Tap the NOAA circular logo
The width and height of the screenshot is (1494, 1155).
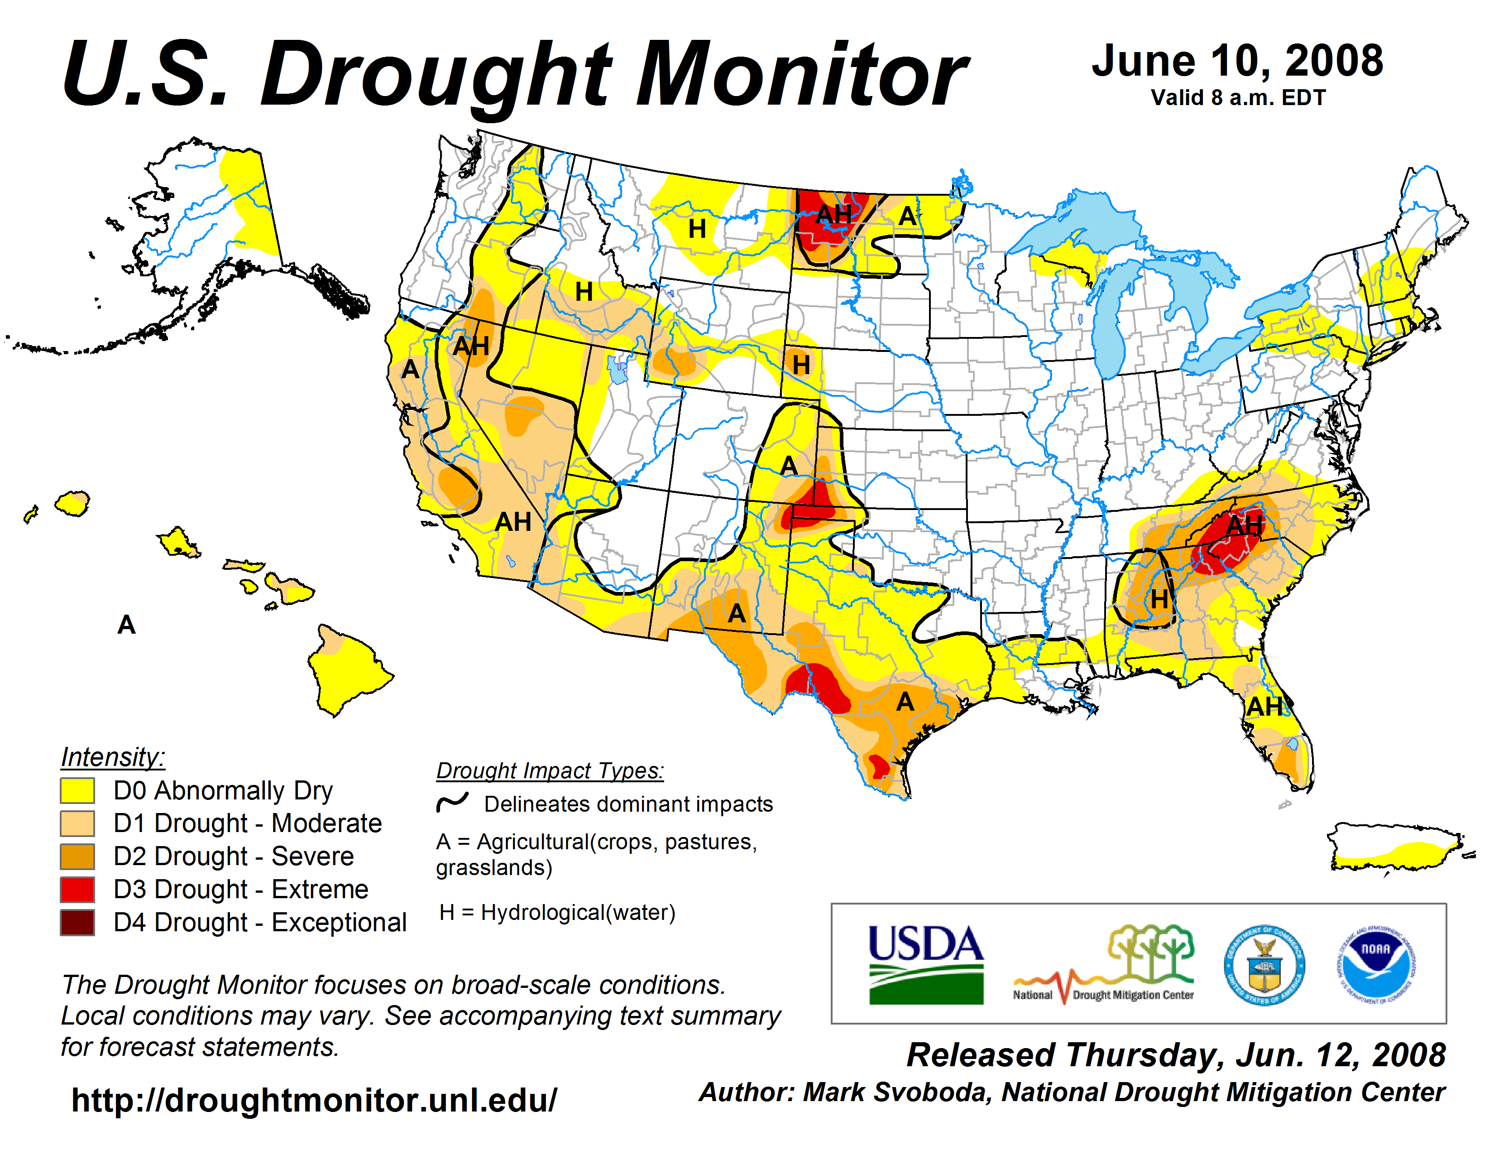pos(1376,965)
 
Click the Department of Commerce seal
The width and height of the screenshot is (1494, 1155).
pos(1264,965)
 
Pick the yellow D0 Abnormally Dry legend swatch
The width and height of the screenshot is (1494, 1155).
pos(77,790)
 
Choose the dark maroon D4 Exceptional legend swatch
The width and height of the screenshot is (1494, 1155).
pos(77,922)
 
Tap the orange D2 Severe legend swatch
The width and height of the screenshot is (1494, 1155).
pos(77,857)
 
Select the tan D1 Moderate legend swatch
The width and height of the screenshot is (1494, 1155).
pos(77,823)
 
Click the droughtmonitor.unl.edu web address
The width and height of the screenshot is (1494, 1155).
pos(314,1100)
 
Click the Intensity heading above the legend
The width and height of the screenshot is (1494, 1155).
pos(113,757)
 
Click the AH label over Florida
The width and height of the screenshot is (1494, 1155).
pos(1264,706)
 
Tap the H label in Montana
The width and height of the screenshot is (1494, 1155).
pos(697,229)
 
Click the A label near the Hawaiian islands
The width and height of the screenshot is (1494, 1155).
pos(127,625)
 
